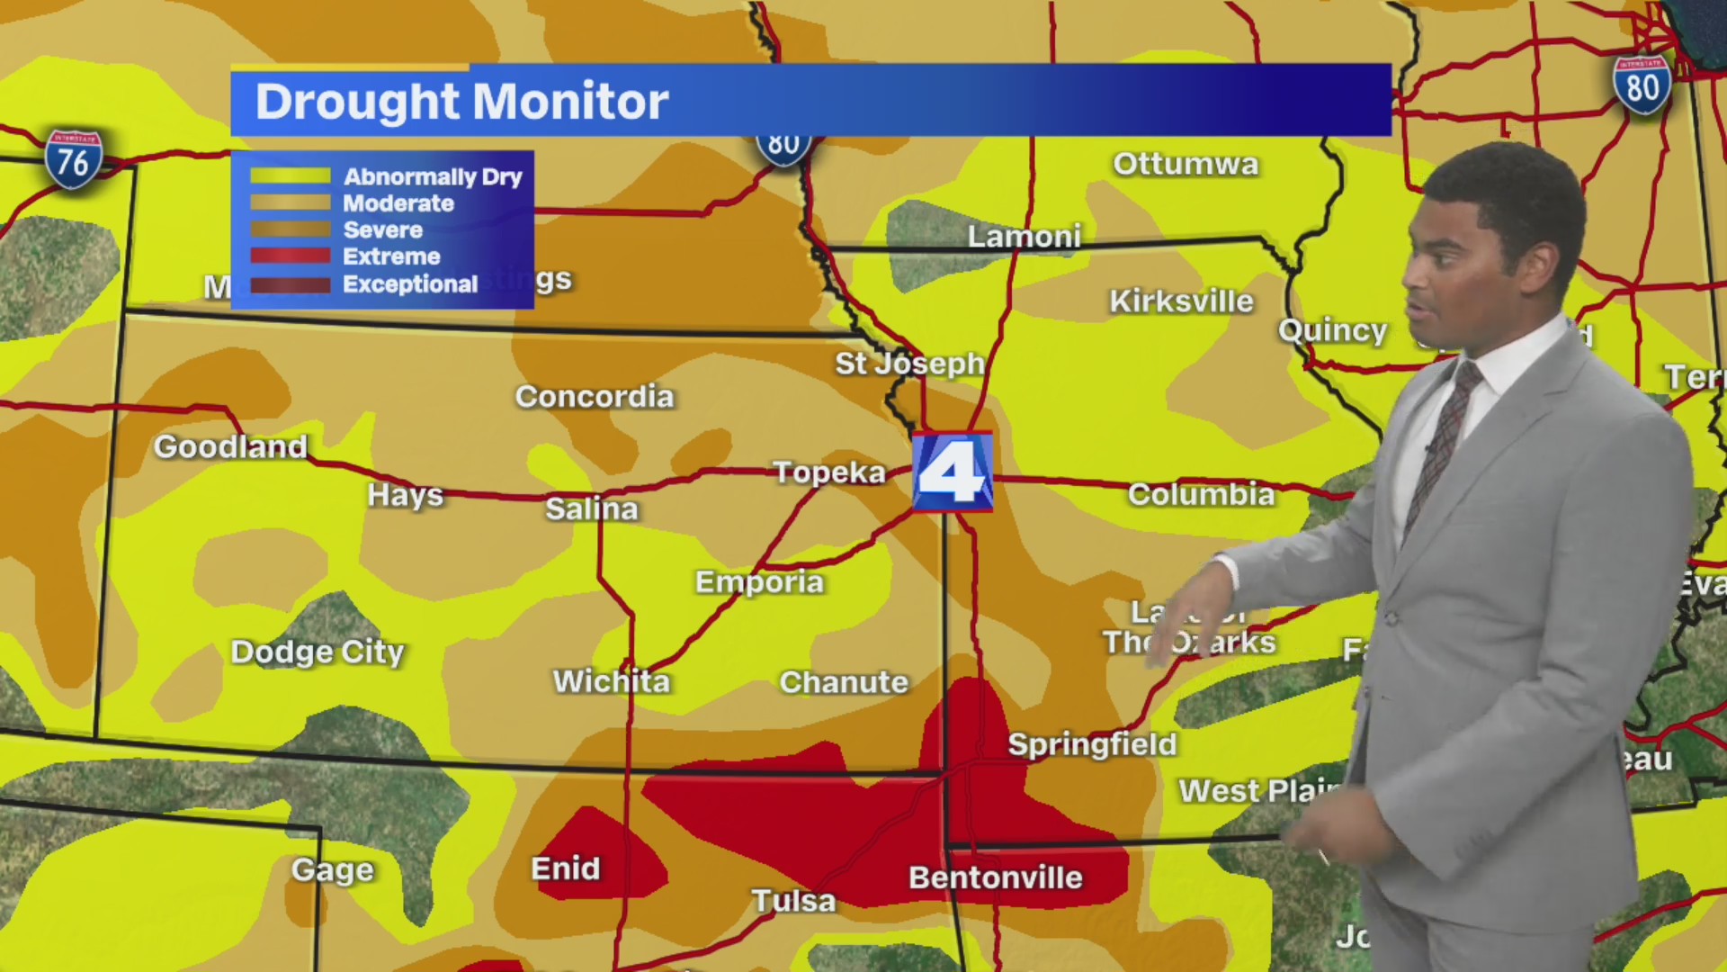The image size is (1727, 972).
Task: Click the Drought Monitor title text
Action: click(x=461, y=101)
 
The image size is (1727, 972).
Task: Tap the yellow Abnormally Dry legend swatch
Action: click(x=290, y=176)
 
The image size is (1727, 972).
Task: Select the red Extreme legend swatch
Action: click(x=290, y=256)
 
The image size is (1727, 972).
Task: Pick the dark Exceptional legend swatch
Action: click(x=290, y=284)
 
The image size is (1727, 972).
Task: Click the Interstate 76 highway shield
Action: click(x=73, y=160)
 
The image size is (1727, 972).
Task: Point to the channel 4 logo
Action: click(x=953, y=472)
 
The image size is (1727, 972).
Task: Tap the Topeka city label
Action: click(x=829, y=472)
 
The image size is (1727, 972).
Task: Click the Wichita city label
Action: click(x=612, y=681)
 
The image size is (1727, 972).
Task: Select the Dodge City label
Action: click(x=318, y=652)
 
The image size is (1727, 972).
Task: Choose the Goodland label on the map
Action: click(x=231, y=446)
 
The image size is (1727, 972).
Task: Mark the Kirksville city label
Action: click(x=1181, y=301)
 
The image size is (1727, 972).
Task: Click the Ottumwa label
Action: click(x=1186, y=164)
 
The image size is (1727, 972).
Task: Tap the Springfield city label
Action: click(x=1092, y=744)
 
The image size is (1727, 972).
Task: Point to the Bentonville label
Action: click(x=996, y=877)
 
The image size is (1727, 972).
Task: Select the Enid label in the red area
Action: click(x=565, y=868)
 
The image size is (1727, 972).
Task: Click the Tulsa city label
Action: click(x=793, y=901)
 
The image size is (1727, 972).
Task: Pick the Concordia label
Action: click(x=594, y=397)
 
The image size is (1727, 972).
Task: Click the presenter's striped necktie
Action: click(x=1442, y=441)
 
